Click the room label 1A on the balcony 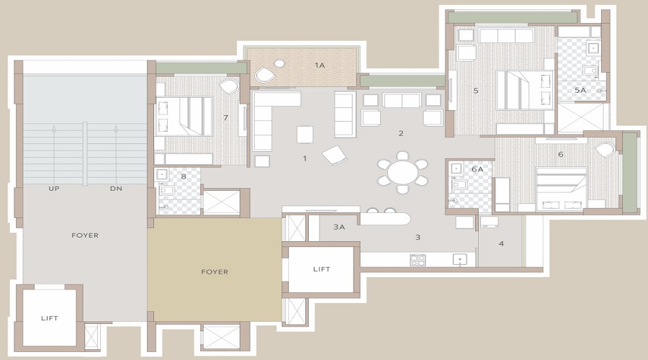pos(320,66)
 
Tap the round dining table pos(402,173)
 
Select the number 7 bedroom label pos(225,117)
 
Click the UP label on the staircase pos(54,189)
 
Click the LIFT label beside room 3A pos(322,269)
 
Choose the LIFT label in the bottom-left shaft pos(49,318)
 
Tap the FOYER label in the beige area pos(215,271)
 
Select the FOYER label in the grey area pos(85,235)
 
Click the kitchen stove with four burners pos(418,260)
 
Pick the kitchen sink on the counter pos(458,259)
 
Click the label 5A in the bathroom pos(580,90)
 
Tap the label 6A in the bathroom pos(477,168)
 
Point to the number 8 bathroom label pos(184,176)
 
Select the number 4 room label pos(501,243)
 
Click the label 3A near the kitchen pos(340,227)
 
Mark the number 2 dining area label pos(401,133)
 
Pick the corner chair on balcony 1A pos(264,74)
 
